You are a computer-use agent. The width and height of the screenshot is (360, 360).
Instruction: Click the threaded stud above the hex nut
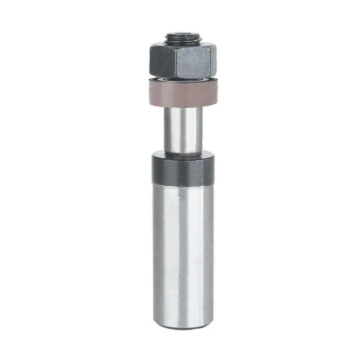[x=183, y=39]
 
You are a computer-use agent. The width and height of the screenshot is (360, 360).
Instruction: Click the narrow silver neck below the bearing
[x=183, y=130]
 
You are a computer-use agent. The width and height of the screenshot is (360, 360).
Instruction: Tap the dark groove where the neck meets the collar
[x=183, y=154]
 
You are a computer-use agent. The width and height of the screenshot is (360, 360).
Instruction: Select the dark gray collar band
[x=183, y=171]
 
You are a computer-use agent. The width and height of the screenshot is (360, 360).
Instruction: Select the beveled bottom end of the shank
[x=183, y=327]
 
